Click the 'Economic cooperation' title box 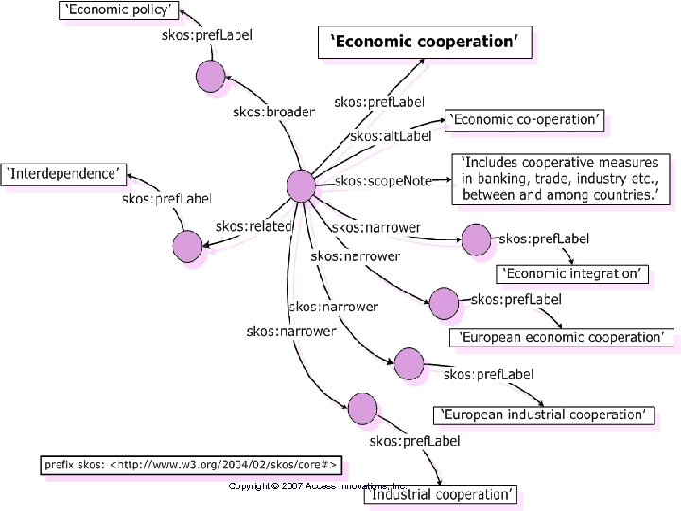coord(425,42)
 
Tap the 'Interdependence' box coord(65,173)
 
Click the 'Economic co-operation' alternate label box coord(524,120)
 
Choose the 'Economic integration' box coord(573,273)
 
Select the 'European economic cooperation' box coord(562,337)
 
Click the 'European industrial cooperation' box coord(543,414)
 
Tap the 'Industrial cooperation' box coord(441,494)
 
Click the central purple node coord(301,185)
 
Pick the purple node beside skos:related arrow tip coord(187,246)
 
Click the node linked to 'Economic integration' coord(476,240)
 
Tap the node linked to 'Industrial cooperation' coord(362,409)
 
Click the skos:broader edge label coord(273,112)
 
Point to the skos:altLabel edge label coord(391,136)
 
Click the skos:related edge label coord(253,226)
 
